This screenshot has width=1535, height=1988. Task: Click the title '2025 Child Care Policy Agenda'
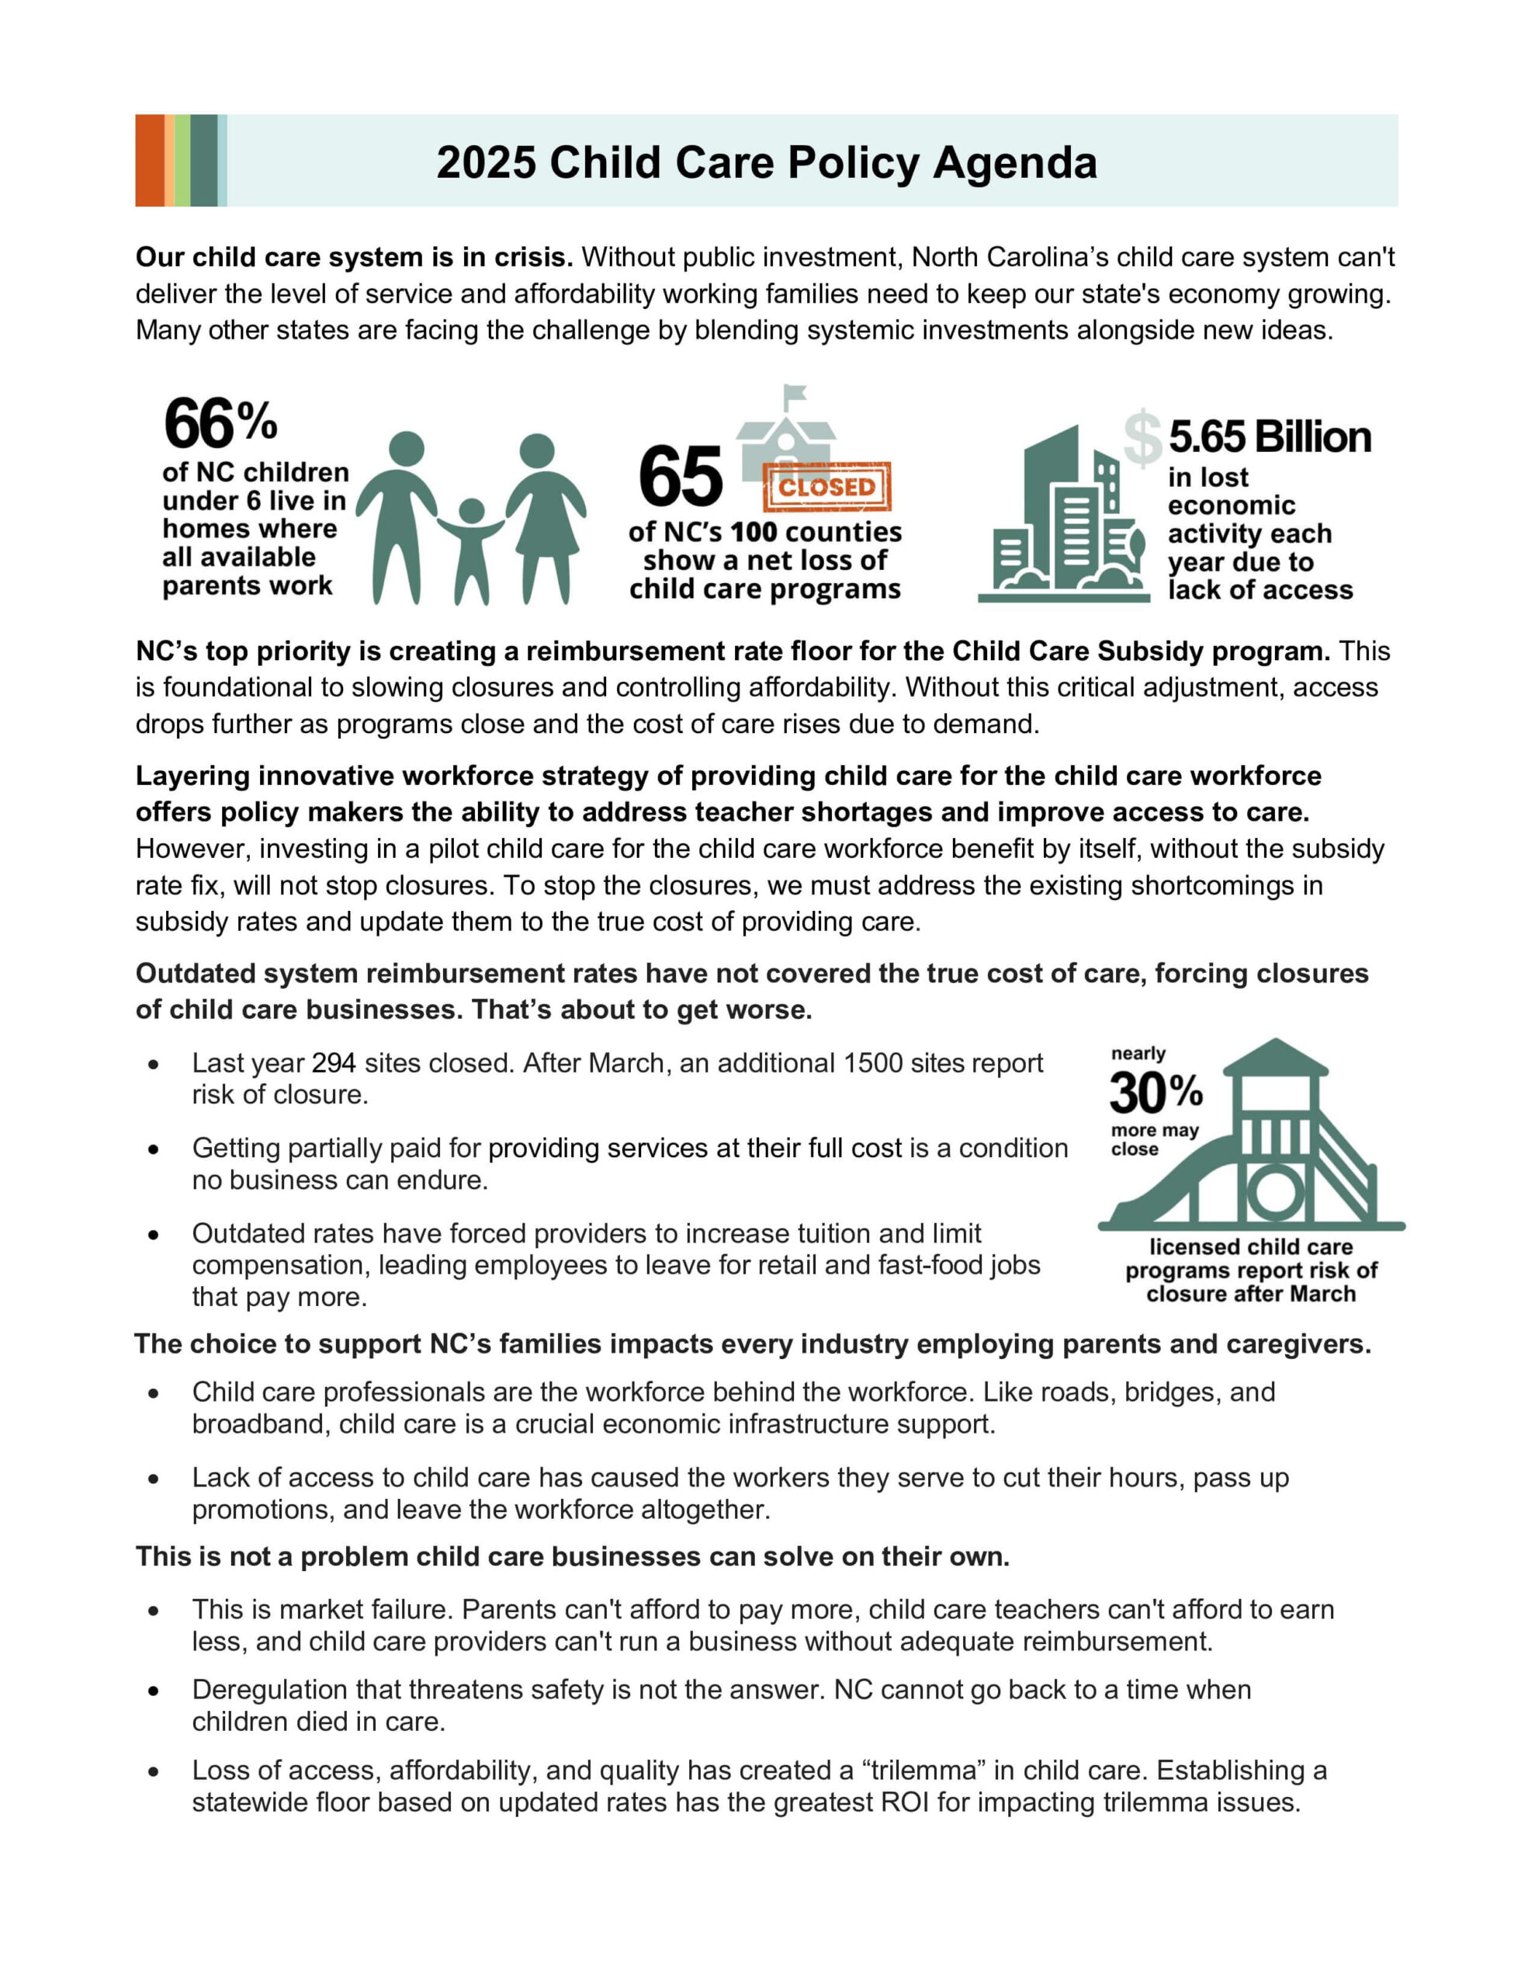pos(766,163)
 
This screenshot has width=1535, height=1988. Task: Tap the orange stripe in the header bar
pos(149,160)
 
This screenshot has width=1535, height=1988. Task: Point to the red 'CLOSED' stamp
pos(826,487)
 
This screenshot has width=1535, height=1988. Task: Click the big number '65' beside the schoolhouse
pos(680,477)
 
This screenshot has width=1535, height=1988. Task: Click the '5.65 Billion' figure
pos(1270,437)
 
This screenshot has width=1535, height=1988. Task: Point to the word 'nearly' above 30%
pos(1138,1053)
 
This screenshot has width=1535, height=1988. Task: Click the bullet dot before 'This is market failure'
pos(154,1611)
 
